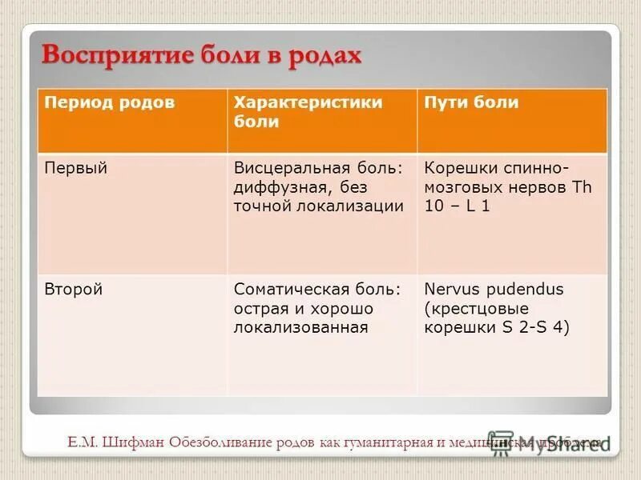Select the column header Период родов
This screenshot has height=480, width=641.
(109, 102)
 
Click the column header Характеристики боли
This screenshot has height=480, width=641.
(308, 112)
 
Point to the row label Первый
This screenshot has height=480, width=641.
(75, 168)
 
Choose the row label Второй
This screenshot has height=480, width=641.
(73, 290)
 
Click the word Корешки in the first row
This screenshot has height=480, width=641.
(459, 168)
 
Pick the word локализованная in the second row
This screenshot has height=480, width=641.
(300, 327)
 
